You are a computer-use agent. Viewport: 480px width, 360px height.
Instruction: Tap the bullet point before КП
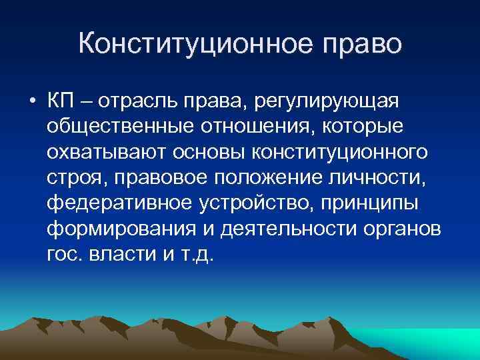32,102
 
